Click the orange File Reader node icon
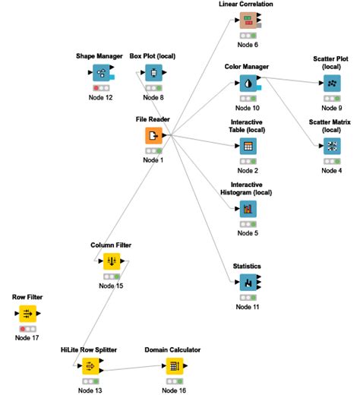(x=154, y=136)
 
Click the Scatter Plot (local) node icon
(x=332, y=84)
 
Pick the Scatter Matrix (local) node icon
(x=332, y=146)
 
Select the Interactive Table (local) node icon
(x=248, y=146)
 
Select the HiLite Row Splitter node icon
(x=90, y=366)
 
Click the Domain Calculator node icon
(x=173, y=366)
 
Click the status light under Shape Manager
(x=101, y=88)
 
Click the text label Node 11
(x=248, y=307)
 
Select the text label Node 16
(x=173, y=390)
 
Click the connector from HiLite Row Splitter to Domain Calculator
(x=133, y=370)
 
